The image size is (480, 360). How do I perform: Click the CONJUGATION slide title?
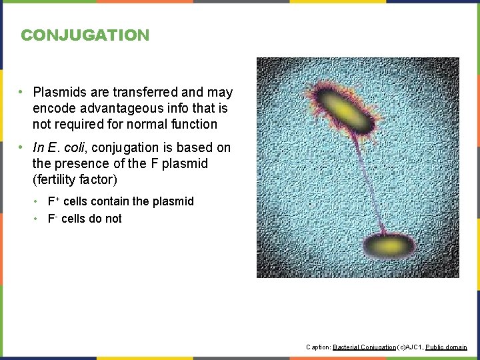coord(85,35)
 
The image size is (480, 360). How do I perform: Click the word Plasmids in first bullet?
coord(57,92)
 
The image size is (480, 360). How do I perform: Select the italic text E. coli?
coord(71,147)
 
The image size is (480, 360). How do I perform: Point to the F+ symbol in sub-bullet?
coord(52,201)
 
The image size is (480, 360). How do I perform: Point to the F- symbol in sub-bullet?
coord(51,218)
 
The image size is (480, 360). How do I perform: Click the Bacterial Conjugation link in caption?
coord(363,347)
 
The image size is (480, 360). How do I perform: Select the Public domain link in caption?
coord(446,347)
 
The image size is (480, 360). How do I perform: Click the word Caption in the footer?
coord(317,347)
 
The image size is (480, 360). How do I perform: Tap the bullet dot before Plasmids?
coord(22,92)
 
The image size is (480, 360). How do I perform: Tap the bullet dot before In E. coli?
coord(22,147)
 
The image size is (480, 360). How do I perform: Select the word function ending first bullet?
coord(192,124)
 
